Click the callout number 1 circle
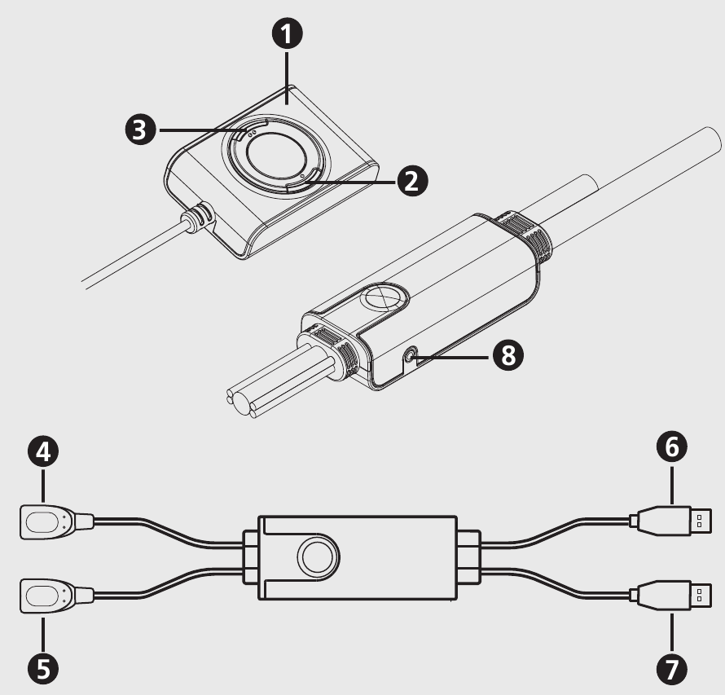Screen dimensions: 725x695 [x=287, y=33]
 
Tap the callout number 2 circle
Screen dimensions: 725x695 [x=412, y=180]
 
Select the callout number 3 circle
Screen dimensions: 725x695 [x=141, y=130]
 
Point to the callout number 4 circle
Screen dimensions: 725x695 [x=43, y=451]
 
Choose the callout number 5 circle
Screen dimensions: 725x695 [x=43, y=669]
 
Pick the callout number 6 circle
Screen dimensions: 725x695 [x=672, y=447]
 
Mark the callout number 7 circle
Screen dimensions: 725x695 [x=672, y=669]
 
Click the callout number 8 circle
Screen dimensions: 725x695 [x=508, y=355]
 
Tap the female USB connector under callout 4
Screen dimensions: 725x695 [x=56, y=522]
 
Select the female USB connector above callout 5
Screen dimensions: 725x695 [x=56, y=596]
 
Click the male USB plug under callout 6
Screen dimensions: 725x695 [x=670, y=521]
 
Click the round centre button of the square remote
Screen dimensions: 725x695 [x=276, y=157]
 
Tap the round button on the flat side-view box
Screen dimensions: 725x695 [x=319, y=556]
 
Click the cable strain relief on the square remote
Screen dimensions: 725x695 [x=199, y=217]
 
